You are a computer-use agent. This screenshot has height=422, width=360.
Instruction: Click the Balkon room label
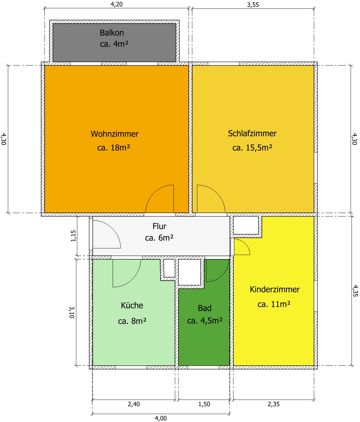pyautogui.click(x=112, y=33)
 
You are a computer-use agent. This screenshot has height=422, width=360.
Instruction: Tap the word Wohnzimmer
pyautogui.click(x=115, y=134)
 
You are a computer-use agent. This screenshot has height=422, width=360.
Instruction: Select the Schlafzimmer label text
pyautogui.click(x=252, y=133)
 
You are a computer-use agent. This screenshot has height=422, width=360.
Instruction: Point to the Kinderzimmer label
pyautogui.click(x=275, y=289)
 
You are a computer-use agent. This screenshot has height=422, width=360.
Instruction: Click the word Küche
pyautogui.click(x=132, y=305)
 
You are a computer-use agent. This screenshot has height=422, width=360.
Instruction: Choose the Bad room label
pyautogui.click(x=205, y=308)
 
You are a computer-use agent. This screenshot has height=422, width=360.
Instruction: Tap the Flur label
pyautogui.click(x=159, y=226)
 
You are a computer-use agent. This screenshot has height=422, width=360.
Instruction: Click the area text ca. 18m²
pyautogui.click(x=114, y=148)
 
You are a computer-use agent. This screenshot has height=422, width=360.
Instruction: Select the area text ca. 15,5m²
pyautogui.click(x=252, y=148)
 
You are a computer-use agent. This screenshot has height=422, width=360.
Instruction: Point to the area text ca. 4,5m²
pyautogui.click(x=205, y=321)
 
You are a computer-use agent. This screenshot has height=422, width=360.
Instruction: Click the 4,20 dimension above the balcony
pyautogui.click(x=117, y=4)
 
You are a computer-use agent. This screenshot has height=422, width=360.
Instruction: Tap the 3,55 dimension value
pyautogui.click(x=253, y=5)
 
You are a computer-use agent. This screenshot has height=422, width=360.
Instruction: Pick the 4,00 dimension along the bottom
pyautogui.click(x=161, y=418)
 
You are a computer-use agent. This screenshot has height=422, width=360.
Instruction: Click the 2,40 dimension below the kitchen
pyautogui.click(x=134, y=404)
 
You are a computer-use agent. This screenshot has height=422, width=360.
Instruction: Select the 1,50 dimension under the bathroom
pyautogui.click(x=204, y=404)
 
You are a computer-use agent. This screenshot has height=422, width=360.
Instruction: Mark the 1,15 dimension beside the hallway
pyautogui.click(x=73, y=236)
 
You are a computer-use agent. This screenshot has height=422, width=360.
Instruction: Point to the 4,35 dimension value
pyautogui.click(x=355, y=291)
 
